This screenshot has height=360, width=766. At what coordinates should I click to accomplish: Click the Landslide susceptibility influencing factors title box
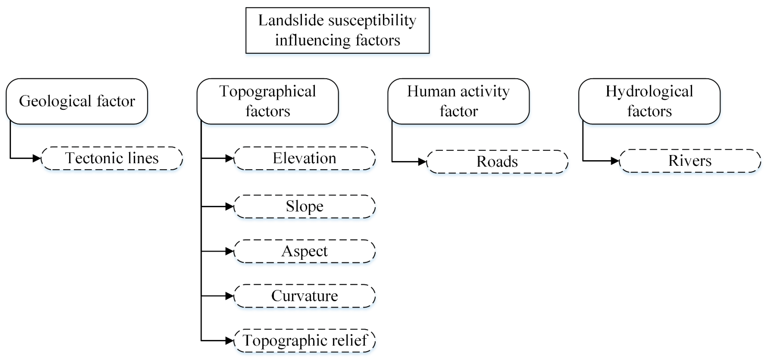pyautogui.click(x=338, y=30)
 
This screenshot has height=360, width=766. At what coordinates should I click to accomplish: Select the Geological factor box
pyautogui.click(x=77, y=101)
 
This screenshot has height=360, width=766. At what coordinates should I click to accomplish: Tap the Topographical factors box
pyautogui.click(x=268, y=101)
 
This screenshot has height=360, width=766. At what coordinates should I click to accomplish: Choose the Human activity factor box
pyautogui.click(x=458, y=101)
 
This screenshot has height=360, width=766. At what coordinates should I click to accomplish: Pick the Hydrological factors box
pyautogui.click(x=649, y=101)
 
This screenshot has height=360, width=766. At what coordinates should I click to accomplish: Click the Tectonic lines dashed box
pyautogui.click(x=112, y=158)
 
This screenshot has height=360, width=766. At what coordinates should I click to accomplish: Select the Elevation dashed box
pyautogui.click(x=304, y=158)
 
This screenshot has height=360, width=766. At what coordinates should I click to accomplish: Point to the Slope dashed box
pyautogui.click(x=304, y=206)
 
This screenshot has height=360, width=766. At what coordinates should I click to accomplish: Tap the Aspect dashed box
pyautogui.click(x=304, y=251)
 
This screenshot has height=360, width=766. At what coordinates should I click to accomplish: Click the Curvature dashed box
pyautogui.click(x=304, y=296)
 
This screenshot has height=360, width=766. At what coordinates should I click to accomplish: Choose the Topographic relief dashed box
pyautogui.click(x=304, y=340)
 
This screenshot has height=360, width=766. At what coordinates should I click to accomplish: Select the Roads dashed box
pyautogui.click(x=497, y=162)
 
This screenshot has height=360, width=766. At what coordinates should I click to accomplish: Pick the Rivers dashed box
pyautogui.click(x=690, y=161)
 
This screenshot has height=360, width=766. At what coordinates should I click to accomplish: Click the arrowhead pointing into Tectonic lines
pyautogui.click(x=37, y=158)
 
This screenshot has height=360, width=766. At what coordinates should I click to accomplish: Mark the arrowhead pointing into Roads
pyautogui.click(x=422, y=162)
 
